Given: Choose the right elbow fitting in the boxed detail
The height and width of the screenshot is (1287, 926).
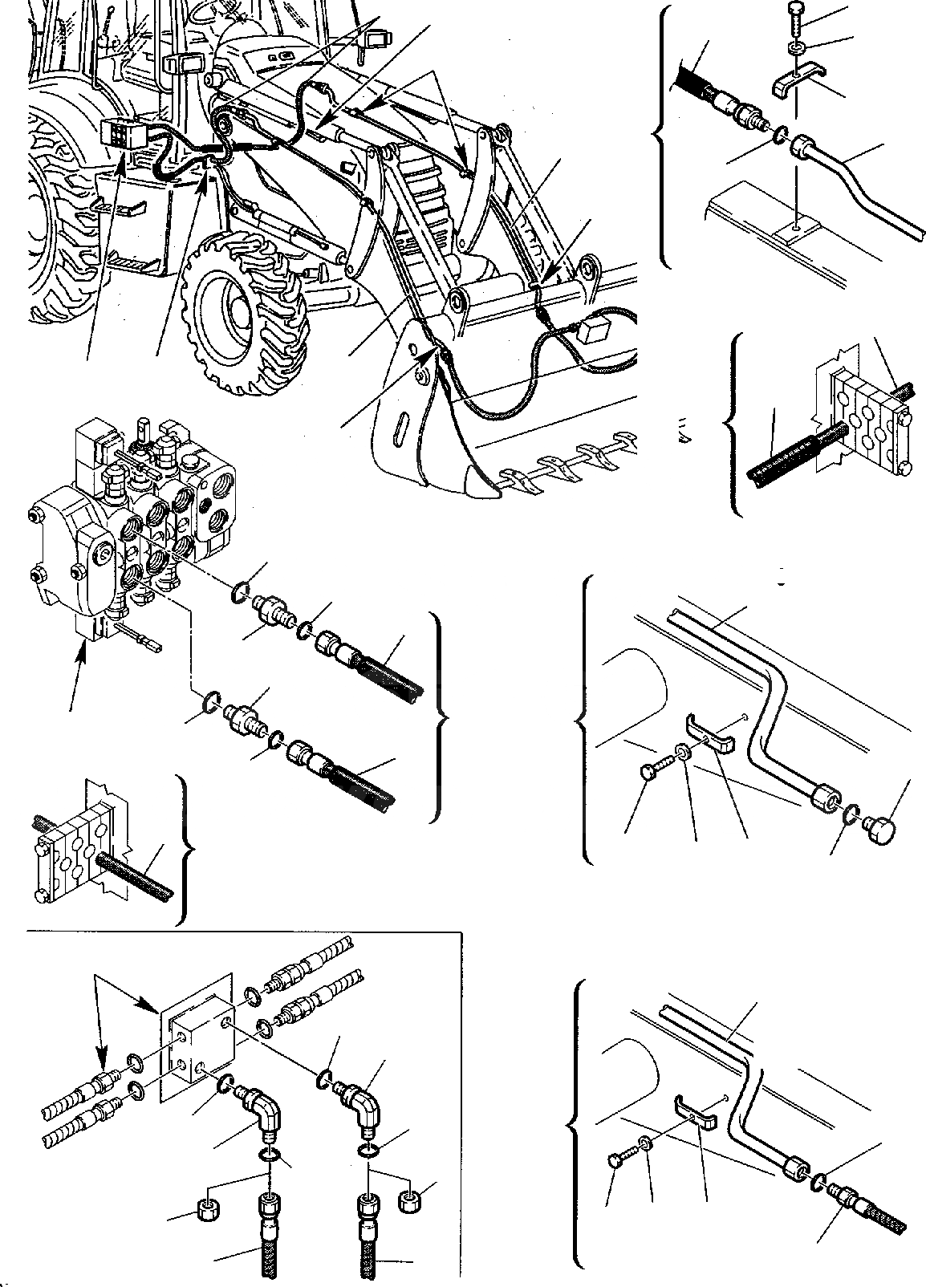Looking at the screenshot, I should (x=361, y=1100).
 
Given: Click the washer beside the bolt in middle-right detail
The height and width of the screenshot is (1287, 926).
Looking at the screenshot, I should (x=683, y=753).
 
